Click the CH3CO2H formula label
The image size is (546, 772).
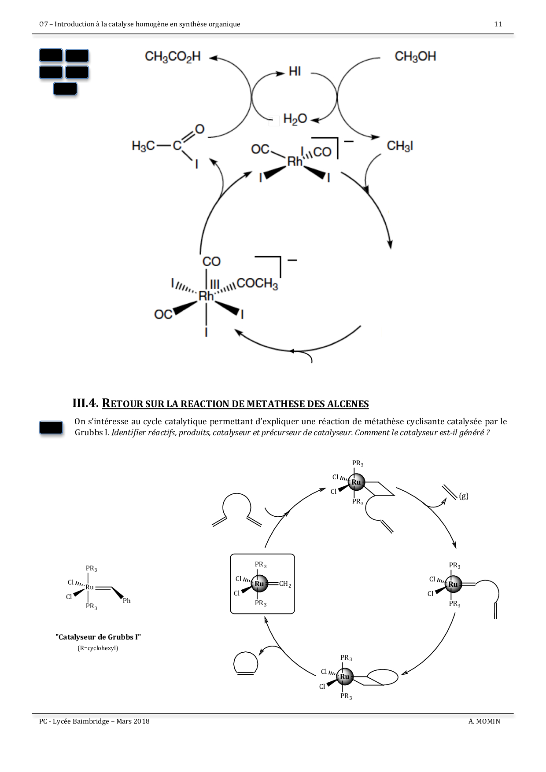pyautogui.click(x=173, y=57)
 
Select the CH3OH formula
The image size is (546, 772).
pyautogui.click(x=415, y=57)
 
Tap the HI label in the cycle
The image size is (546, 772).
pyautogui.click(x=295, y=71)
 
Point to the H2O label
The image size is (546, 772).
pyautogui.click(x=295, y=119)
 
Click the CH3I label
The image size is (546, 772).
pyautogui.click(x=399, y=146)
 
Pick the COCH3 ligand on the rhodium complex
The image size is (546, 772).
pyautogui.click(x=257, y=284)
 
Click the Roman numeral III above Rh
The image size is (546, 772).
pyautogui.click(x=214, y=284)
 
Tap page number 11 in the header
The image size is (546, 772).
pyautogui.click(x=498, y=24)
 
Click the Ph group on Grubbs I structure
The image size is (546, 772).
pyautogui.click(x=126, y=601)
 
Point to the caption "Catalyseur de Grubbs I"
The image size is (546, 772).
pyautogui.click(x=98, y=637)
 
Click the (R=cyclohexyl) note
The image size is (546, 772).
pyautogui.click(x=98, y=648)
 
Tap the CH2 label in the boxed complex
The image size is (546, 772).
pyautogui.click(x=285, y=584)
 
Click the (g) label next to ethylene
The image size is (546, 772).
pyautogui.click(x=463, y=496)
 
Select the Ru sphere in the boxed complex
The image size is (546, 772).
pyautogui.click(x=259, y=584)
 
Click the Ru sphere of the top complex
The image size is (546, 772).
pyautogui.click(x=356, y=482)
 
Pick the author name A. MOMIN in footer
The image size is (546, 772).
pyautogui.click(x=484, y=721)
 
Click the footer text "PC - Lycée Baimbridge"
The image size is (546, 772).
pyautogui.click(x=74, y=721)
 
